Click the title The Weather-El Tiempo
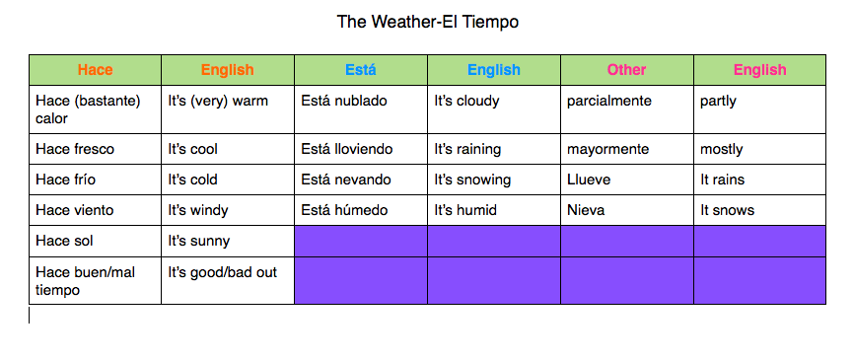point(428,22)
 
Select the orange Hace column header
point(96,70)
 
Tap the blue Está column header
point(361,70)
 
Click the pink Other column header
point(627,70)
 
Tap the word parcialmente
point(608,102)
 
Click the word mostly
point(722,149)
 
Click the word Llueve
point(589,180)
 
